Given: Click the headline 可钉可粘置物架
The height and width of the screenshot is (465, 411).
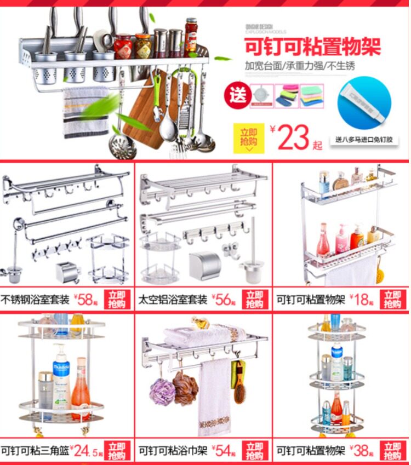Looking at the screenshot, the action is [312, 47].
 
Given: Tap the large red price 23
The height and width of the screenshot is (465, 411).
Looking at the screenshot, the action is [293, 137].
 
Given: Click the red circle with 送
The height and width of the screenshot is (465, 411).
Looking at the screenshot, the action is [237, 97].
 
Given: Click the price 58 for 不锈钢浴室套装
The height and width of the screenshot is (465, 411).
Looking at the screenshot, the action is [85, 300].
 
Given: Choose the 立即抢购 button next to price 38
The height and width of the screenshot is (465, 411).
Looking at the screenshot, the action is [393, 450].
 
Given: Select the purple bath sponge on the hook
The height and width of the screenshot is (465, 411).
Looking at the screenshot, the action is [162, 389].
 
